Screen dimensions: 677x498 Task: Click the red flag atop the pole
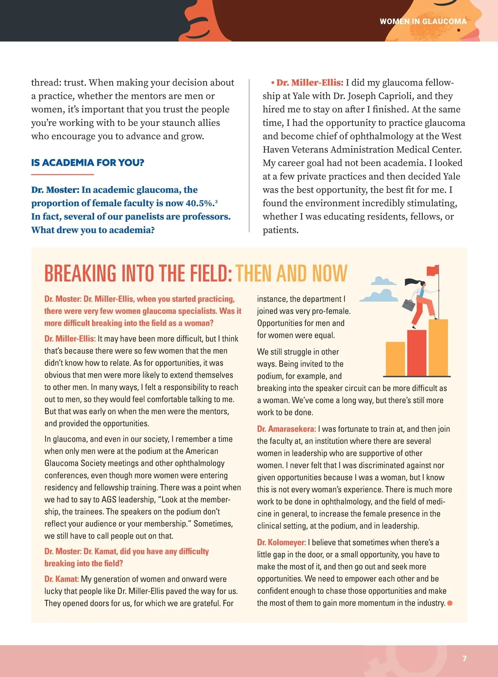point(432,270)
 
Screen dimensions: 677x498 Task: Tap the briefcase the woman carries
point(409,305)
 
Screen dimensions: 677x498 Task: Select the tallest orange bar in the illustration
point(438,347)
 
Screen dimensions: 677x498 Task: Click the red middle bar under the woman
point(416,352)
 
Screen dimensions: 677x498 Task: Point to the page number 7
point(464,658)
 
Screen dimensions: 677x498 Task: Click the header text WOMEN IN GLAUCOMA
point(423,21)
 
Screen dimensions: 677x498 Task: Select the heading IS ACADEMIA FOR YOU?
point(88,163)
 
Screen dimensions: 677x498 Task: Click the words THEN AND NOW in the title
point(291,274)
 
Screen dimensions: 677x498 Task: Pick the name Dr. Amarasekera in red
point(286,429)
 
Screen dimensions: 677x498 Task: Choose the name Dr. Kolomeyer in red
point(281,542)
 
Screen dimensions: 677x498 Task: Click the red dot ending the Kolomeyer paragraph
point(450,603)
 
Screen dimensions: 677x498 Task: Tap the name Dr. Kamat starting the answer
point(61,579)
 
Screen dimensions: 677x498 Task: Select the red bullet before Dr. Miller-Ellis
point(273,83)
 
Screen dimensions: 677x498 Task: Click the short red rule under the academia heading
point(63,175)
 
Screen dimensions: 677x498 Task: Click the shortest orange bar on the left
point(395,359)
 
